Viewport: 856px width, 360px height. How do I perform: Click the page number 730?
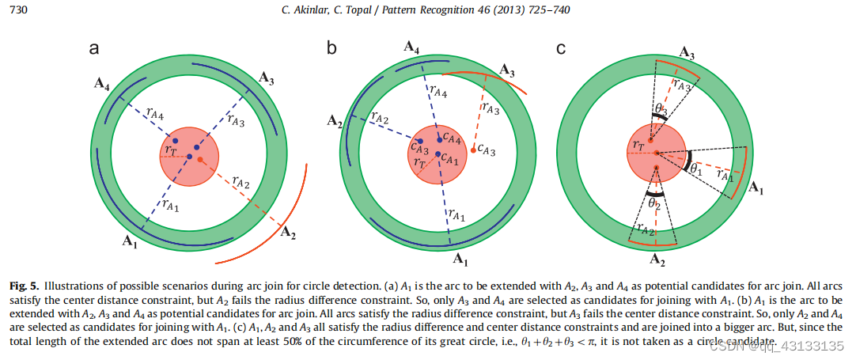click(x=18, y=9)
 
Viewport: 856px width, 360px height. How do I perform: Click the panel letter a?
click(x=93, y=49)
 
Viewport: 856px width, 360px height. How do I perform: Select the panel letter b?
click(x=331, y=49)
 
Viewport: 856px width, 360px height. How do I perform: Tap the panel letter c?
click(x=561, y=49)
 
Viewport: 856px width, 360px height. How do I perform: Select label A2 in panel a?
click(x=290, y=233)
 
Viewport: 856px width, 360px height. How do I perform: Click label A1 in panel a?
click(x=130, y=244)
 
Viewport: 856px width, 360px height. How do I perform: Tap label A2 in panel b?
click(x=335, y=121)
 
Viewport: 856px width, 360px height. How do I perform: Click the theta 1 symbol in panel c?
click(x=695, y=169)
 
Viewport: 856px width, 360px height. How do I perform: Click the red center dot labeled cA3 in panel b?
click(x=473, y=148)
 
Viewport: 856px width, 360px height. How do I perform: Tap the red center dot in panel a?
click(x=201, y=160)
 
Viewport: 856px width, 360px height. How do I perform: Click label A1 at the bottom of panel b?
click(x=460, y=258)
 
